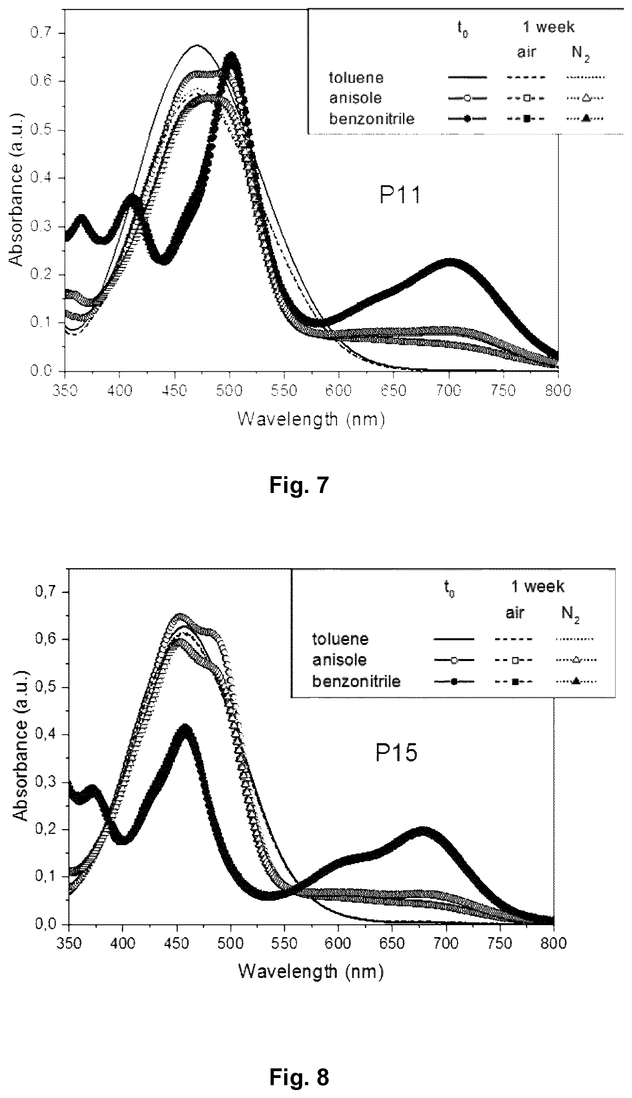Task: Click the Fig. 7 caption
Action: point(299,485)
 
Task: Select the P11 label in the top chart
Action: point(400,195)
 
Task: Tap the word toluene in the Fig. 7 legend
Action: point(356,78)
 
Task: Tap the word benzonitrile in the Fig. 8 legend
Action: point(356,681)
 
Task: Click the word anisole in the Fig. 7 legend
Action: point(355,98)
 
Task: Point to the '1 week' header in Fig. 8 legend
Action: point(538,587)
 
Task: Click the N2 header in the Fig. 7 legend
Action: point(581,53)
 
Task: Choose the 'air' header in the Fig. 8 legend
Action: point(515,613)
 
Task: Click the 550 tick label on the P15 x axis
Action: point(284,944)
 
